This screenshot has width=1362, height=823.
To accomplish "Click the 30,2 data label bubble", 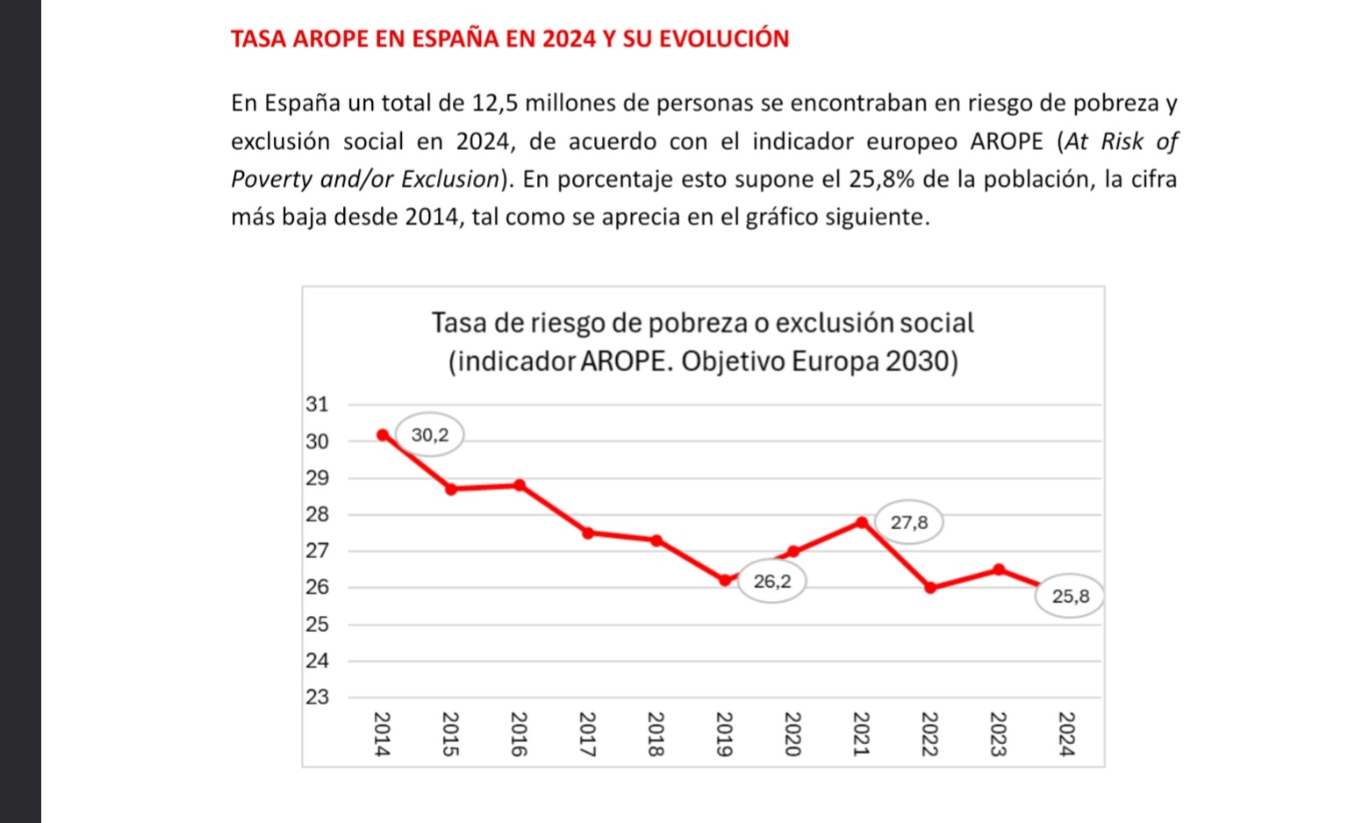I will coord(429,434).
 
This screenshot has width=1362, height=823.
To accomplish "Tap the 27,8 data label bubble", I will coord(909,523).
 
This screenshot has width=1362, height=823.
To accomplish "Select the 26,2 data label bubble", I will coord(772,581).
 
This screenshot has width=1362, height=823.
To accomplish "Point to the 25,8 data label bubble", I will coord(1071,597).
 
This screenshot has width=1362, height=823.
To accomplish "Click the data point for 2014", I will coord(383,434).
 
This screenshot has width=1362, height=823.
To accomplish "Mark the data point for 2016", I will coord(520,485).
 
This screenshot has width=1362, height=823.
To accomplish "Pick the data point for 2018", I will coord(656,540).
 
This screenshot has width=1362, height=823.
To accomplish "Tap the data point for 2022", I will coord(930,588).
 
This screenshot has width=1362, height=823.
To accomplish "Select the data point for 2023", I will coord(999,569).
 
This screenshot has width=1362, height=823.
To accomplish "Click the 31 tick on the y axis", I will coord(317,404).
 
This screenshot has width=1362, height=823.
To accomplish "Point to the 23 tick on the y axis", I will coord(317,698).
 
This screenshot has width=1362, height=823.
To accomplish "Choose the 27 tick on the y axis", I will coord(317,551).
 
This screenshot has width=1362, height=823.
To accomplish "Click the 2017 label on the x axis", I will coord(587,734).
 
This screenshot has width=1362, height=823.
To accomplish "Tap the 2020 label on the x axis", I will coord(792,734).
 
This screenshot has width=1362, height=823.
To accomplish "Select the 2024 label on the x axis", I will coord(1066,734).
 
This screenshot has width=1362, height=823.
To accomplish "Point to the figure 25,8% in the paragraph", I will coord(882,179).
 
